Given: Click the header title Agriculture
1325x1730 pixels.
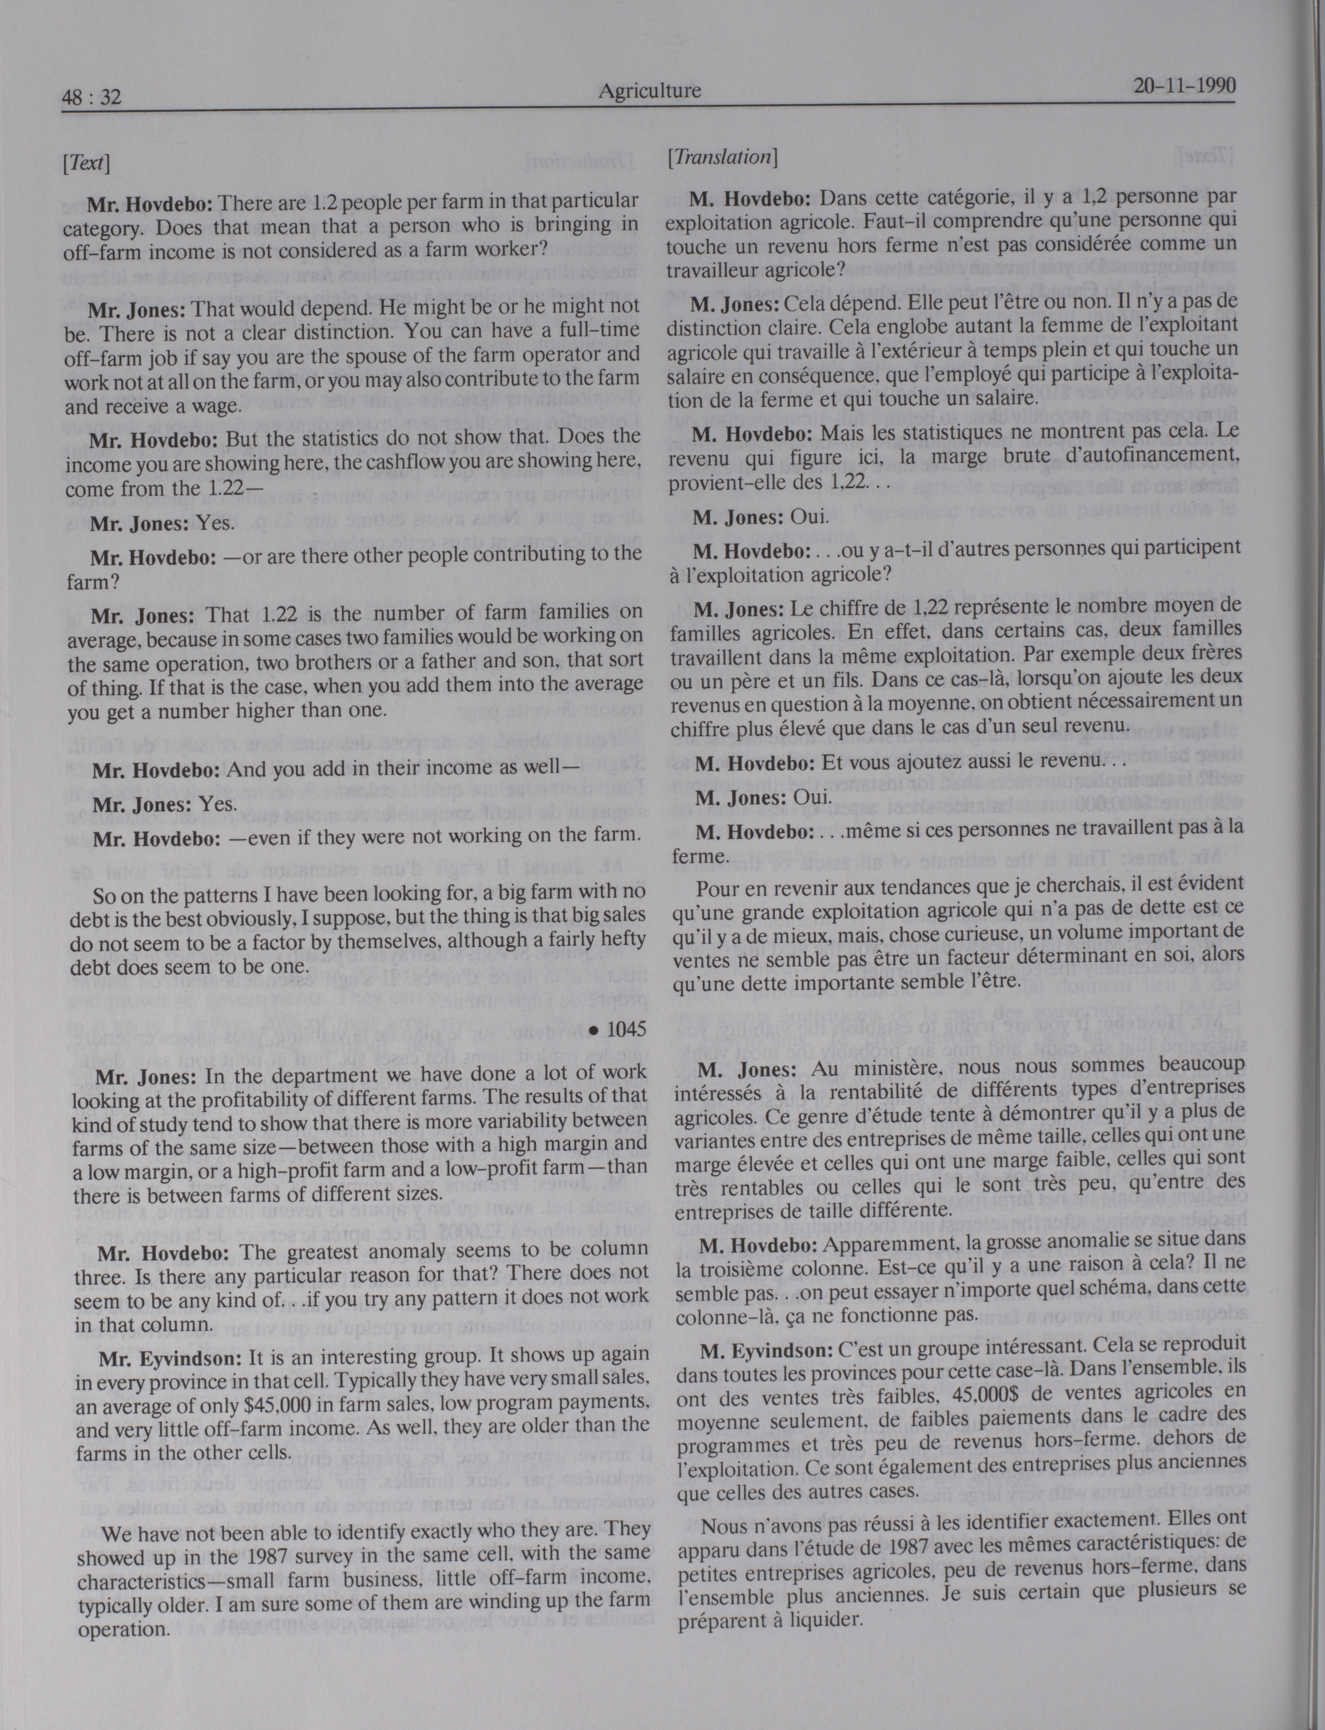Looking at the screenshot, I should (x=649, y=91).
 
